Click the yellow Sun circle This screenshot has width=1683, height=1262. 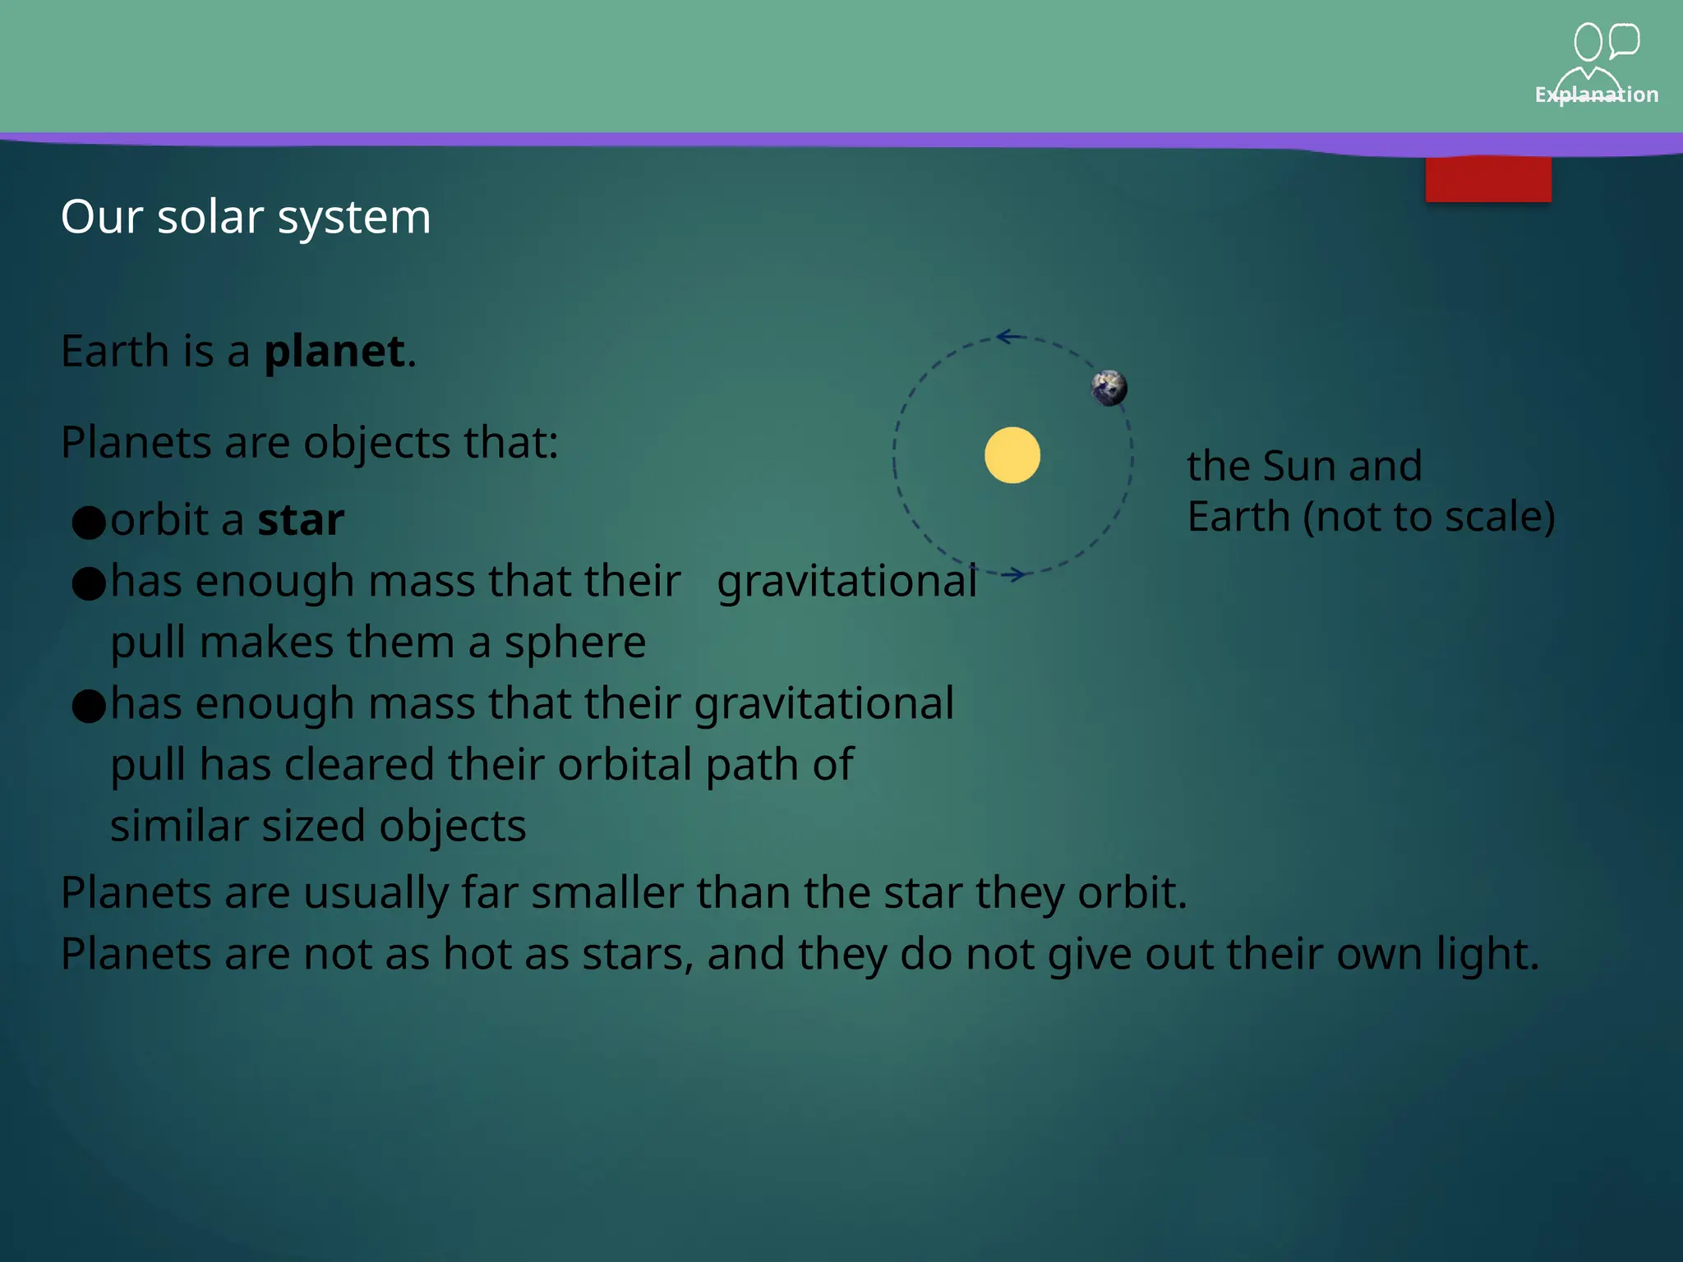pyautogui.click(x=1012, y=455)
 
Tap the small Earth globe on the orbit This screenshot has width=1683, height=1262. pyautogui.click(x=1109, y=388)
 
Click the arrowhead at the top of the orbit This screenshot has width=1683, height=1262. pyautogui.click(x=1006, y=336)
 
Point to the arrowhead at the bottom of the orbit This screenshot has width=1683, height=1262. pyautogui.click(x=1016, y=574)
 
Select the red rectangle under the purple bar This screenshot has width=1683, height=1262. pyautogui.click(x=1488, y=179)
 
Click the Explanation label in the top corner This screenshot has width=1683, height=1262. pyautogui.click(x=1596, y=94)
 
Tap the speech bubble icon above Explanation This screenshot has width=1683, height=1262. pyautogui.click(x=1624, y=40)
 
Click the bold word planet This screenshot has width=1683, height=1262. pyautogui.click(x=334, y=352)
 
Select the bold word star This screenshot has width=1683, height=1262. pyautogui.click(x=301, y=520)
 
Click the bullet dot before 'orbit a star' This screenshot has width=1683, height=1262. pyautogui.click(x=89, y=522)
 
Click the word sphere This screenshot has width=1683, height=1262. pyautogui.click(x=574, y=643)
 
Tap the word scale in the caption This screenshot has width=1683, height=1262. pyautogui.click(x=1493, y=517)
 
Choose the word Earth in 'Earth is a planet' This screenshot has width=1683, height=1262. pyautogui.click(x=115, y=352)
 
